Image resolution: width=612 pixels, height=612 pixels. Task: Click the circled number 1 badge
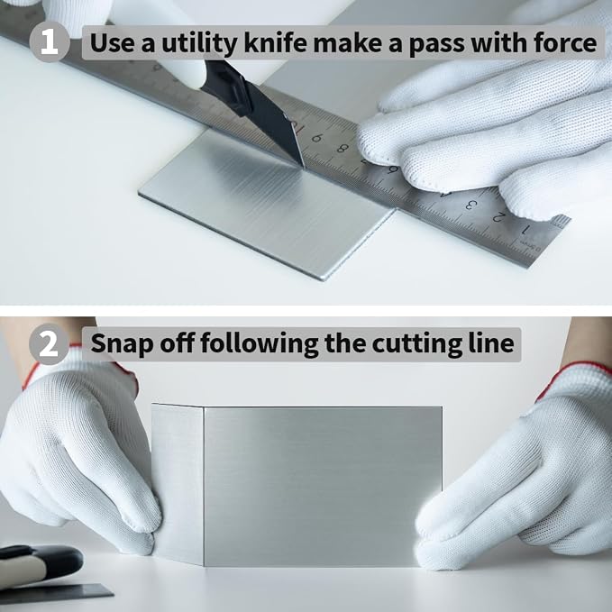50,42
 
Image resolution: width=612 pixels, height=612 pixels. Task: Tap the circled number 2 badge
50,344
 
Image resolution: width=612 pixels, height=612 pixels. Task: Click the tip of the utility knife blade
303,167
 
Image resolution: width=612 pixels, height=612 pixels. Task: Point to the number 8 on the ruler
343,149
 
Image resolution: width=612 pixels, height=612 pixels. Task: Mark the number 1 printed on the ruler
525,230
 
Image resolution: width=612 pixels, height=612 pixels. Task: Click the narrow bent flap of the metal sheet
178,484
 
